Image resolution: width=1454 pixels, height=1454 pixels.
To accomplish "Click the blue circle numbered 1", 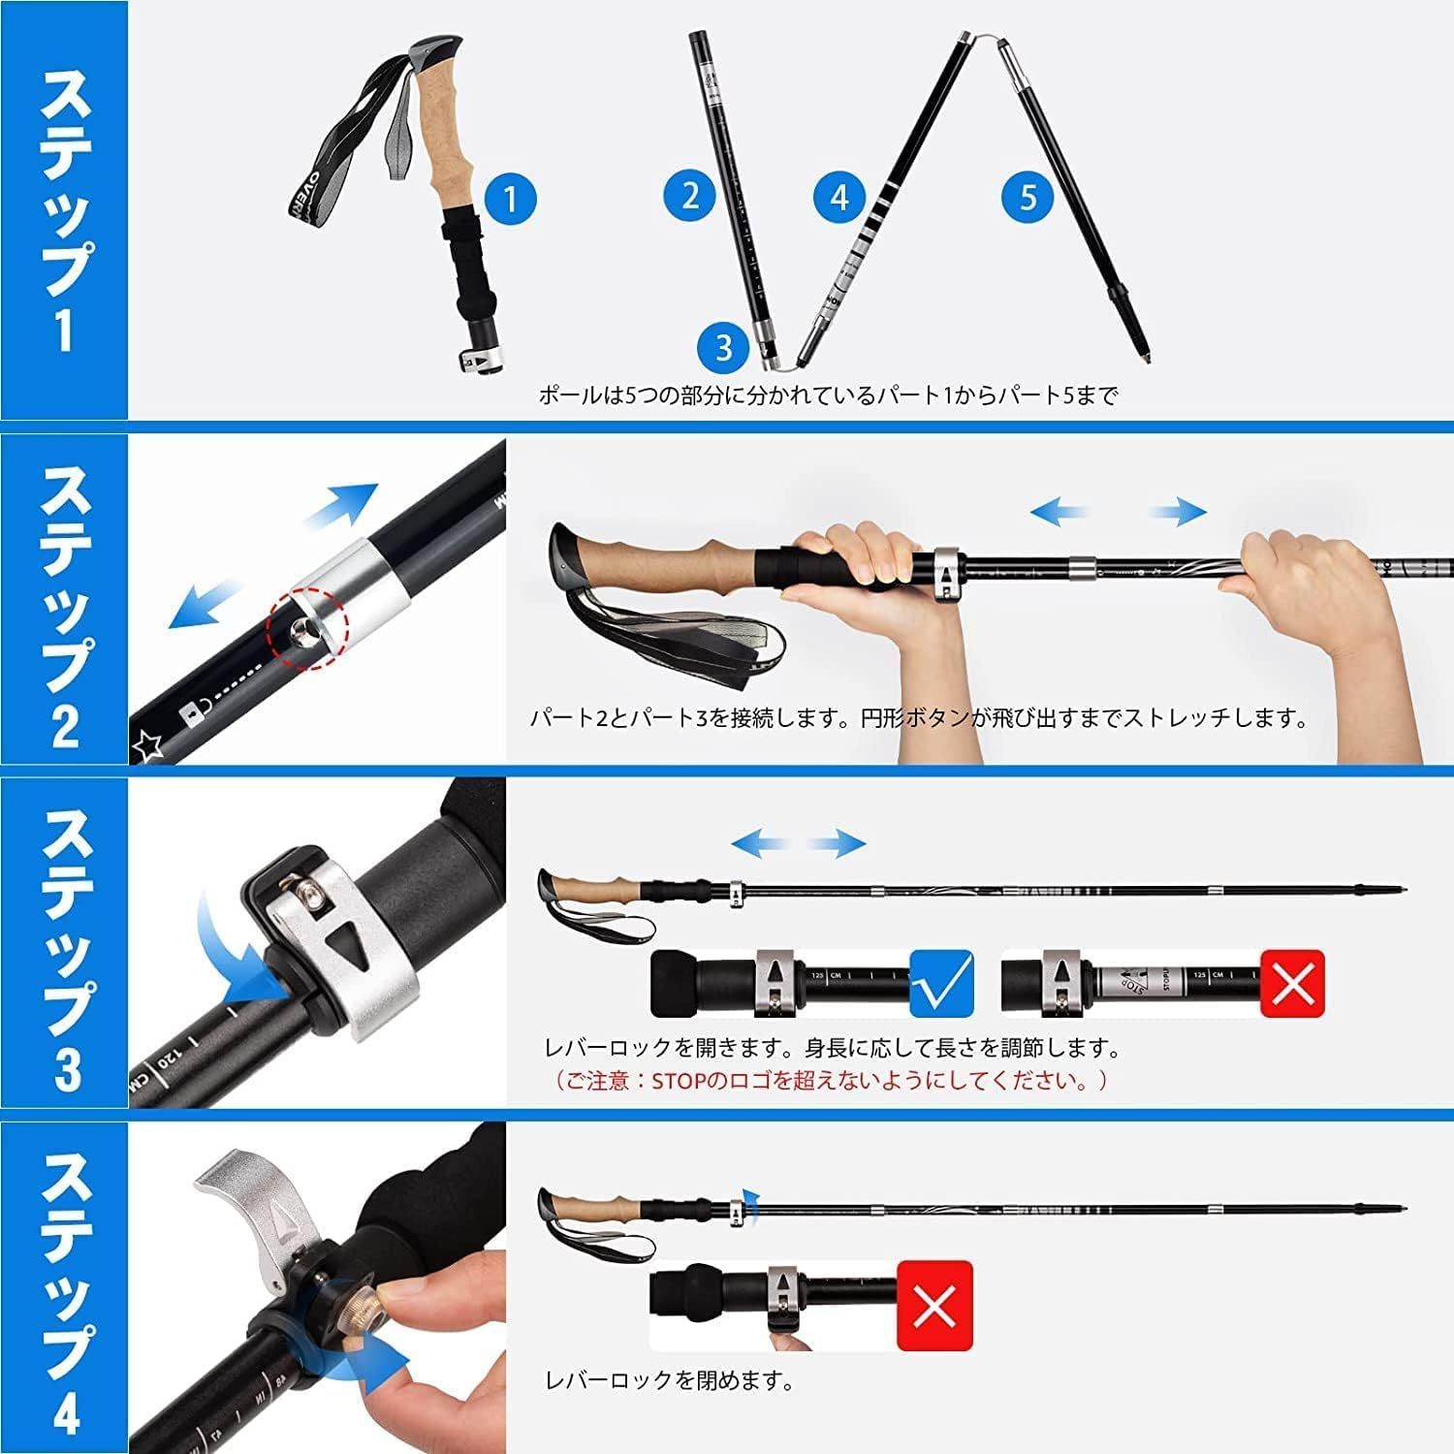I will (x=510, y=201).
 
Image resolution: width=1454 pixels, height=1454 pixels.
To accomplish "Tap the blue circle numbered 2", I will (x=689, y=195).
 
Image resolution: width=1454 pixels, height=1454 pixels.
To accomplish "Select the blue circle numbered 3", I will (x=724, y=346).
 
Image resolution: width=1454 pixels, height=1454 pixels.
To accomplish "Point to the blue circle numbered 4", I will (x=839, y=197).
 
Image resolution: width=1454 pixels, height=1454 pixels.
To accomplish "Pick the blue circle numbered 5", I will (x=1027, y=197).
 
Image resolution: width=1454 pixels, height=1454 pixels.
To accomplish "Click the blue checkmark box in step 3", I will (x=941, y=983).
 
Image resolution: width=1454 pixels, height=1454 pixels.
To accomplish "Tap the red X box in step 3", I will (x=1292, y=983).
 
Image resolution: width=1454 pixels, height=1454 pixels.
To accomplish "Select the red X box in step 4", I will (x=934, y=1306).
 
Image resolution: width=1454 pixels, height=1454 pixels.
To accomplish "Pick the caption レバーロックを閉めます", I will (x=669, y=1381).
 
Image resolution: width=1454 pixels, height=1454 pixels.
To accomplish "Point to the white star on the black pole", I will (x=147, y=745).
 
